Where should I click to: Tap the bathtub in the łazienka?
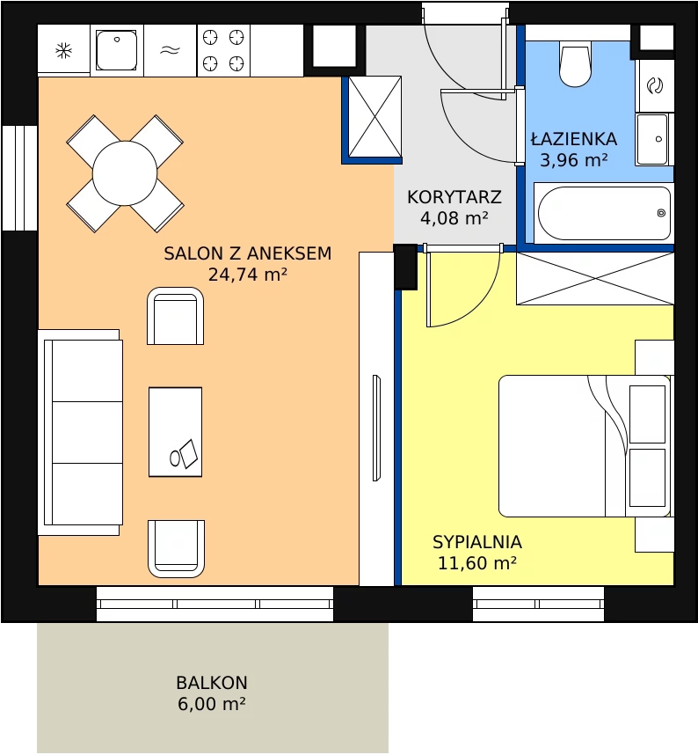(604, 213)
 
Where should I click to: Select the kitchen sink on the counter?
(116, 50)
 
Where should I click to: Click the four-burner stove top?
(223, 50)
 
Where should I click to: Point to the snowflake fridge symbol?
(63, 50)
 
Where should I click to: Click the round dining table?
(125, 173)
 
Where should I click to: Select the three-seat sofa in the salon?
(80, 432)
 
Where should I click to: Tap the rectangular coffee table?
(175, 432)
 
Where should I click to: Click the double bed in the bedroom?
(585, 446)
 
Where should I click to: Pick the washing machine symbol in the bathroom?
(655, 85)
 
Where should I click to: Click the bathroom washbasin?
(653, 139)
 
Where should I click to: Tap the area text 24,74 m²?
(248, 275)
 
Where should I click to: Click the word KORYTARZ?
(454, 197)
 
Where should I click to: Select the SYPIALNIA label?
(477, 542)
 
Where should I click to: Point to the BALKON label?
(212, 683)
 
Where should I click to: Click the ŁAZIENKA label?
(574, 139)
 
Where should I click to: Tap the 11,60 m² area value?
(477, 563)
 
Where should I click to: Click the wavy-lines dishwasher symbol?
(170, 50)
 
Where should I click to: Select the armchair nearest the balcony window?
(176, 548)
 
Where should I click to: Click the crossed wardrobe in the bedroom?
(595, 278)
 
